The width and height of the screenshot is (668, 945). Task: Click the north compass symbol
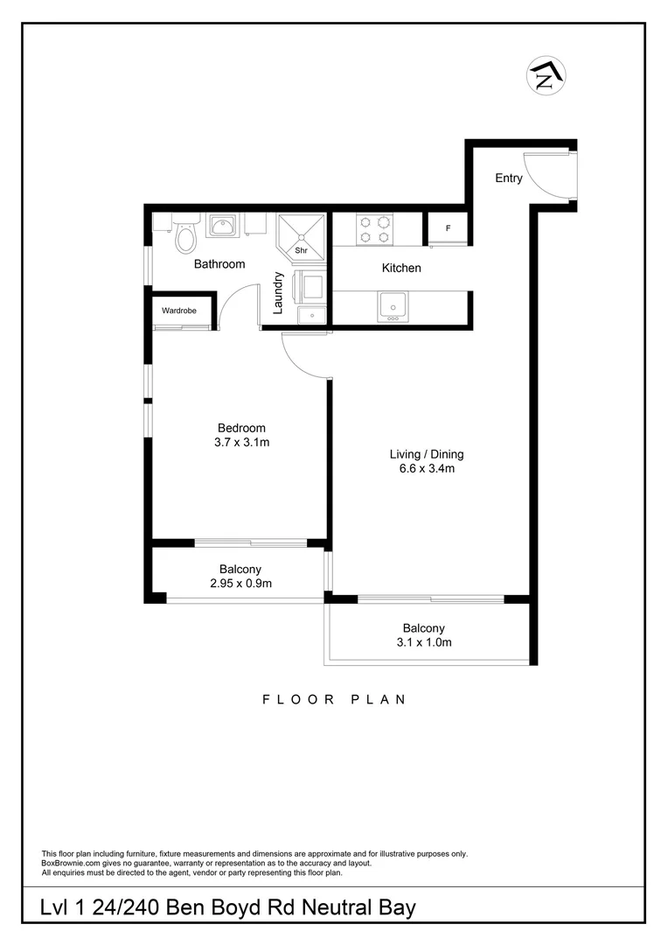(x=546, y=77)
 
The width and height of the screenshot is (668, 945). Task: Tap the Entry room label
(x=509, y=178)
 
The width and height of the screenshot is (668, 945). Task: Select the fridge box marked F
(x=448, y=228)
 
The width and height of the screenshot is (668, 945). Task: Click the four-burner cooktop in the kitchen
(x=373, y=229)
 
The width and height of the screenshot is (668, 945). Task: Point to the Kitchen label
(x=401, y=268)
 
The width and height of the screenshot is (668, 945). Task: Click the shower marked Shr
(x=300, y=234)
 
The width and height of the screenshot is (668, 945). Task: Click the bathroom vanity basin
(x=222, y=227)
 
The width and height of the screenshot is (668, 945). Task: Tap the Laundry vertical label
(x=278, y=292)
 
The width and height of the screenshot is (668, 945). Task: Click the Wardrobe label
(x=179, y=310)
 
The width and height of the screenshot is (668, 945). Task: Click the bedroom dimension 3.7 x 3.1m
(x=242, y=442)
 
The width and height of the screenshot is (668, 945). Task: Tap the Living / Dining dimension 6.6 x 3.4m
(x=427, y=468)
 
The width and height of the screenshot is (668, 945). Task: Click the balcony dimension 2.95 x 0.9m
(x=240, y=583)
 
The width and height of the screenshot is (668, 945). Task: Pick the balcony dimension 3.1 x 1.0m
(x=424, y=642)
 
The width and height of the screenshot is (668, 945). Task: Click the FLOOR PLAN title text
(x=334, y=699)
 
